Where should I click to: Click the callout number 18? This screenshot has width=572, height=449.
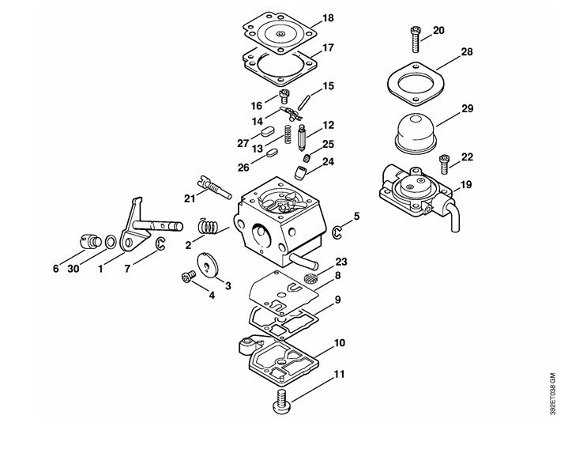[328, 18]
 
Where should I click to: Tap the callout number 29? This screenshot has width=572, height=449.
[467, 108]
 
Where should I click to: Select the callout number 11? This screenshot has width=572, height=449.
[339, 375]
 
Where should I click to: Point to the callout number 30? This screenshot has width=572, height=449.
[73, 269]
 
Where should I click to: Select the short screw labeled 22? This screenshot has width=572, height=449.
[443, 164]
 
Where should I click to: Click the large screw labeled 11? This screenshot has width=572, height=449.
[281, 402]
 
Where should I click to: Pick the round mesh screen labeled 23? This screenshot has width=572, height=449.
[310, 277]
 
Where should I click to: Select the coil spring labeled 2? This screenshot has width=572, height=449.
[209, 226]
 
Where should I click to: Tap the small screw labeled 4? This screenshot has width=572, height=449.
[188, 277]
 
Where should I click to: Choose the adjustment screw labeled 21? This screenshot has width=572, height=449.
[214, 187]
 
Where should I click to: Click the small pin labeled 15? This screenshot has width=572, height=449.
[303, 103]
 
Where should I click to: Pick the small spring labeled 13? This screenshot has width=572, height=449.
[288, 134]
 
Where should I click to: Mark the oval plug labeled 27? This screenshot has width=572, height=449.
[267, 131]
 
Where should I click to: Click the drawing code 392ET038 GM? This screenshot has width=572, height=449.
[553, 394]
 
